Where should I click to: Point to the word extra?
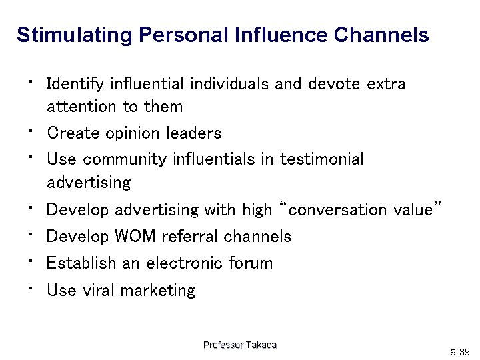(386, 85)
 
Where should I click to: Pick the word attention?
(81, 106)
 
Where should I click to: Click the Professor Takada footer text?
(239, 345)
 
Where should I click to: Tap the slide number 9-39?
(460, 351)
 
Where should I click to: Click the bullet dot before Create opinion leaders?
(31, 131)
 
